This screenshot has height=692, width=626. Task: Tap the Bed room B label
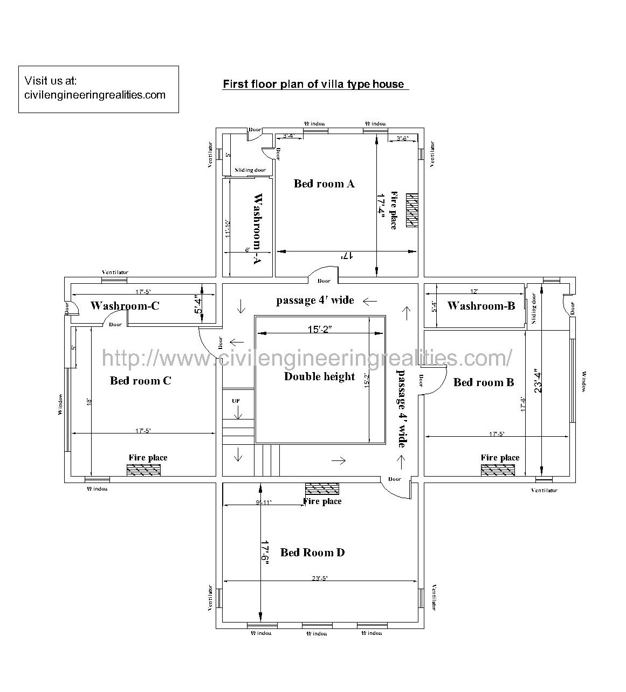click(x=484, y=382)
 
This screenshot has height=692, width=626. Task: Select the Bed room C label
click(x=140, y=381)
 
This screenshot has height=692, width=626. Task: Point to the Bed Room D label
click(x=312, y=553)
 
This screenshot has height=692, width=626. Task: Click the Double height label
click(x=319, y=376)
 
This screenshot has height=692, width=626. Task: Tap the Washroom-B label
click(x=481, y=306)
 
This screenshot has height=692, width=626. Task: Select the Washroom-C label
click(x=125, y=306)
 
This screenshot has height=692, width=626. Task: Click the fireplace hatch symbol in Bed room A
click(x=412, y=209)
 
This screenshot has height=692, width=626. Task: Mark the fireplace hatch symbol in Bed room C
click(x=144, y=470)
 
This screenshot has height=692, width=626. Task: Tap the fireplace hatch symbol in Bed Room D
click(x=322, y=488)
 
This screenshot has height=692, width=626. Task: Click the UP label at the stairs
click(x=236, y=401)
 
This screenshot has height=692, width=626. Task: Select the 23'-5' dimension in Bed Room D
click(x=320, y=578)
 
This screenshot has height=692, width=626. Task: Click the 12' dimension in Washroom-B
click(x=474, y=291)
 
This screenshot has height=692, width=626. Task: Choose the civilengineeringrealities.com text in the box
click(x=95, y=95)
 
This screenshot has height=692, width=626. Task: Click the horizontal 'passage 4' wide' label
click(x=315, y=300)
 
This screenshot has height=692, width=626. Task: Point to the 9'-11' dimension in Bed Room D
click(x=264, y=502)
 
